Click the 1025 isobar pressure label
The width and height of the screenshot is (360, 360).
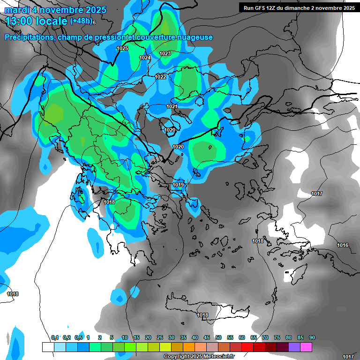coord(122,48)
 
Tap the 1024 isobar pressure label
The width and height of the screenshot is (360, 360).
coord(145,58)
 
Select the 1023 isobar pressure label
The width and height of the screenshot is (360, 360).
coord(165,53)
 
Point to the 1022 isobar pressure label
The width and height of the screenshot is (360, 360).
coord(160,77)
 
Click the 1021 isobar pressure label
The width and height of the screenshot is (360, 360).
coord(172,107)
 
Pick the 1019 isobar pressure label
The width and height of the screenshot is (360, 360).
coord(178,185)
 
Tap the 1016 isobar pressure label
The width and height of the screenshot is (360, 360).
coord(343,245)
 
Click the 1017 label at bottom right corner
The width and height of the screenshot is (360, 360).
coord(348,357)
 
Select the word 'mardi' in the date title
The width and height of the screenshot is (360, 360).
coord(17,10)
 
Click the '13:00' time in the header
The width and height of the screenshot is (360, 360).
coord(20,21)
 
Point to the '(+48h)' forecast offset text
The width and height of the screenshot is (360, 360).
coord(81,21)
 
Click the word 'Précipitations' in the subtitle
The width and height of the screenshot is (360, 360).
coord(29,37)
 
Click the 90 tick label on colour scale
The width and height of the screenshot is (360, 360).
coord(312,338)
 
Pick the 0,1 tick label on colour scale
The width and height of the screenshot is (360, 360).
coord(55,338)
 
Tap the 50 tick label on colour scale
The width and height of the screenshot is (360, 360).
coord(218,338)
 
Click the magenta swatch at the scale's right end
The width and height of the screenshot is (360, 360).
coord(306,347)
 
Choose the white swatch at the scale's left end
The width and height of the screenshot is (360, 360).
coord(48,347)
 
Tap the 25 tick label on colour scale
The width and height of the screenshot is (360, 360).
coord(160,338)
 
